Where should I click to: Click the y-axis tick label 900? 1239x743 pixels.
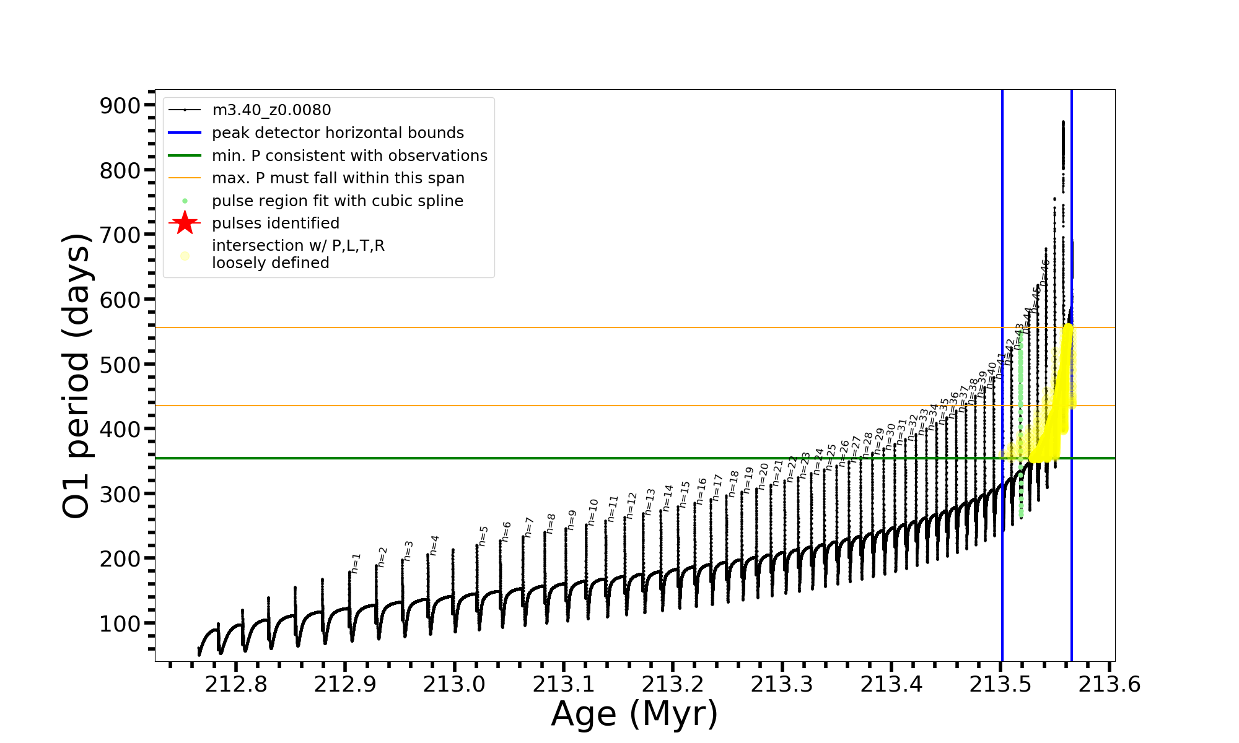[x=120, y=106]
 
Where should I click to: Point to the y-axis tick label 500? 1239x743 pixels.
[x=120, y=364]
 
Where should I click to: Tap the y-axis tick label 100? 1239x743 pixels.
[x=120, y=624]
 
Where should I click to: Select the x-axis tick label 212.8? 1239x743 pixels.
[x=236, y=685]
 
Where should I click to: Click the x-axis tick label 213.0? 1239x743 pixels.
[x=454, y=685]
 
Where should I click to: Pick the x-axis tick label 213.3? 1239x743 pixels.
[x=782, y=685]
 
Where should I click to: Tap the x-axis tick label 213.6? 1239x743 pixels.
[x=1110, y=685]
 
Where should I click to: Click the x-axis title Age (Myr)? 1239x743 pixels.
[x=634, y=714]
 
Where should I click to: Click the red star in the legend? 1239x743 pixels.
[x=185, y=223]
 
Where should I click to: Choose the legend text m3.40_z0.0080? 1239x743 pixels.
[x=271, y=110]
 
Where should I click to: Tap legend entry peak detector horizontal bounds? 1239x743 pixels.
[x=338, y=133]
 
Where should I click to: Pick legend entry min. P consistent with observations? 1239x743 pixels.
[x=349, y=155]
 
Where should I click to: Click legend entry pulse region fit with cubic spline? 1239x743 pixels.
[x=337, y=201]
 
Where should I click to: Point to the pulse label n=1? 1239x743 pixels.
[x=355, y=563]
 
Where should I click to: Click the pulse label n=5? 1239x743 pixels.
[x=483, y=536]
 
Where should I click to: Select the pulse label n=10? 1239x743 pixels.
[x=592, y=513]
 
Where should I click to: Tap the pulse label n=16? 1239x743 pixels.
[x=701, y=491]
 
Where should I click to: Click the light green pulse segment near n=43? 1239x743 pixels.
[x=1020, y=421]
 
